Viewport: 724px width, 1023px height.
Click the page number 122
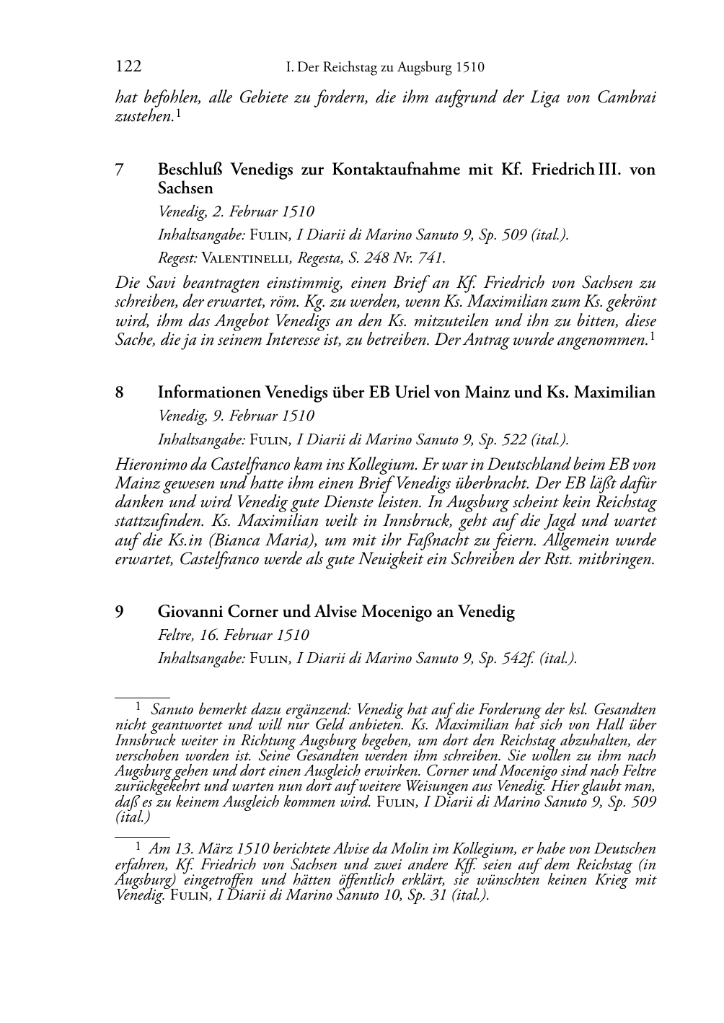tap(128, 67)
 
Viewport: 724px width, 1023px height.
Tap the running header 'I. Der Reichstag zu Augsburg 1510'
tap(385, 68)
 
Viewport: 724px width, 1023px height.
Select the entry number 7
tap(120, 170)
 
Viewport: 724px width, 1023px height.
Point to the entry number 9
tap(120, 613)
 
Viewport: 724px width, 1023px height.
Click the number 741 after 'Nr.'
tap(429, 258)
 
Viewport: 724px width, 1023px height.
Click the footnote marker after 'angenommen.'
tap(652, 336)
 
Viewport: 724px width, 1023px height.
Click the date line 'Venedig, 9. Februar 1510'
tap(236, 416)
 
